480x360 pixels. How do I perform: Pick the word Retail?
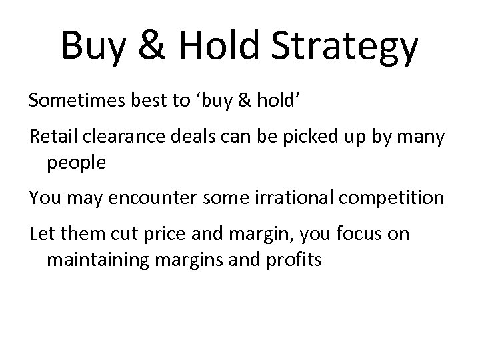tap(51, 137)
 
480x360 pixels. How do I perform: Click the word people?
tap(76, 163)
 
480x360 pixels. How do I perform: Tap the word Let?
tap(41, 235)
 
